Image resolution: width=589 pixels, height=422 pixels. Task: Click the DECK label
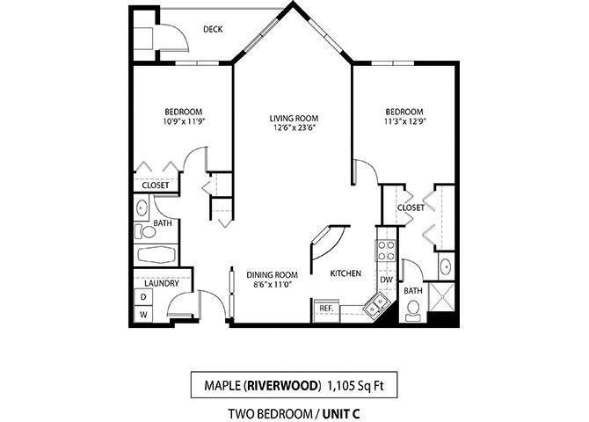212,29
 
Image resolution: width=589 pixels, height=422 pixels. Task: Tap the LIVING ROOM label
294,117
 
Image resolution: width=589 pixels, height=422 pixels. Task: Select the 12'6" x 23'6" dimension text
294,127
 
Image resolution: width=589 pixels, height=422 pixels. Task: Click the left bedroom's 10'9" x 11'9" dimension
184,122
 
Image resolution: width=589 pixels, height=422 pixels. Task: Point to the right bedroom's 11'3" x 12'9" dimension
404,122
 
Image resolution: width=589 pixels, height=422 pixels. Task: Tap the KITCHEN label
345,273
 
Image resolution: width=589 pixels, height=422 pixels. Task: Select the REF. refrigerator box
324,309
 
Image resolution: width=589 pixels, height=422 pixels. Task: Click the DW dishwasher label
385,280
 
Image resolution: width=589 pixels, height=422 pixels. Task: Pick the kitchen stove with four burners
386,249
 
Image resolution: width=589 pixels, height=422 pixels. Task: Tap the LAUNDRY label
162,283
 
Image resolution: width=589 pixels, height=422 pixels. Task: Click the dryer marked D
143,298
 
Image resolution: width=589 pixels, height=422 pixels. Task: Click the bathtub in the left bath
156,256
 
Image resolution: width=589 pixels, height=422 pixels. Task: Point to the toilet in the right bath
412,309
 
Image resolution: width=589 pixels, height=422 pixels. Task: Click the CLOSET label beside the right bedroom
411,207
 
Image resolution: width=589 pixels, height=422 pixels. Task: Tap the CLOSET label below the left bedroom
156,186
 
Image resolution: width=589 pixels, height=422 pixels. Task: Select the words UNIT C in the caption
335,413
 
